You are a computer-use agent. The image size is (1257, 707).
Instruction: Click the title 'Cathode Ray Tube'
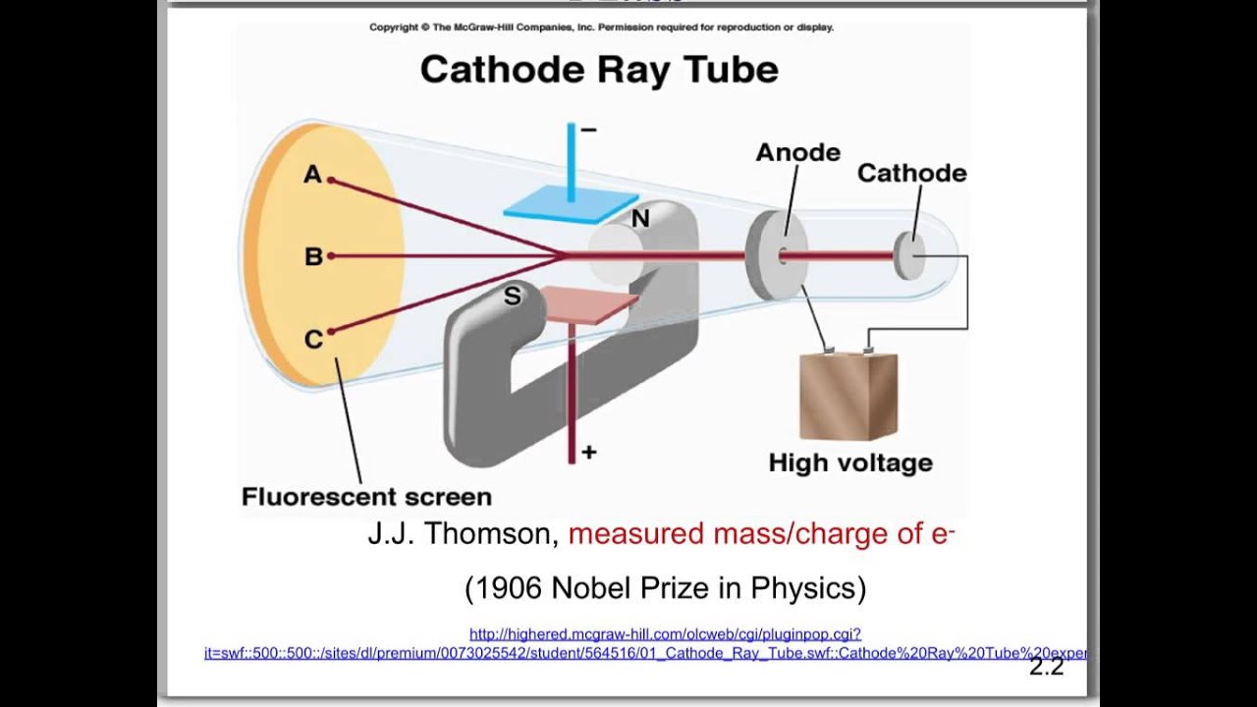coord(599,70)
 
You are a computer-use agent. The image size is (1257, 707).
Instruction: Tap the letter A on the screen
coord(312,175)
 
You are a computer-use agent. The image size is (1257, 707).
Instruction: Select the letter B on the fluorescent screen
coord(313,257)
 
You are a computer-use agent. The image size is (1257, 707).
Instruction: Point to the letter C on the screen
coord(313,340)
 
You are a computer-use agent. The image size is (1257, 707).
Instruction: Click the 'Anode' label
coord(797,153)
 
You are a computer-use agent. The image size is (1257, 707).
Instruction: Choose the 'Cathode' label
coord(911,174)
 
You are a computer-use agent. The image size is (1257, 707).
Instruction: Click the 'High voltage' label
coord(850,462)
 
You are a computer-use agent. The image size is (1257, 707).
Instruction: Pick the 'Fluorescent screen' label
coord(366,496)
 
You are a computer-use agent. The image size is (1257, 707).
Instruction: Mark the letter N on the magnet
coord(640,219)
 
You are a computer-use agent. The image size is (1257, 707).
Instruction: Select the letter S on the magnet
coord(512,297)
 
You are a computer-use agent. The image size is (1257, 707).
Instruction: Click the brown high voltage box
coord(848,397)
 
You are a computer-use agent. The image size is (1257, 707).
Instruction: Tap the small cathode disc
coord(909,255)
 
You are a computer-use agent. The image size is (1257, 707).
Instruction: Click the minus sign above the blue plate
coord(588,130)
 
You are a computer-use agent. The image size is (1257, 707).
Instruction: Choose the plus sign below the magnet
coord(589,453)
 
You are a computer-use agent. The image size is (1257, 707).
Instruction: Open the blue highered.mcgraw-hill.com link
coord(665,635)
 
